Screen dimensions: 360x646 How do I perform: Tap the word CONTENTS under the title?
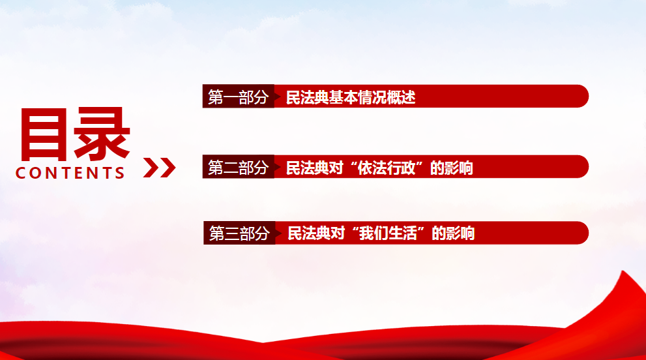(x=70, y=173)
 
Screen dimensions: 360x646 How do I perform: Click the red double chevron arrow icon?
(x=159, y=168)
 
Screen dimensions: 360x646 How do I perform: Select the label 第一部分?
(x=238, y=97)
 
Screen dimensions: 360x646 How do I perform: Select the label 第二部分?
(x=238, y=168)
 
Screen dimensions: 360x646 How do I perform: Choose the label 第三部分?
(x=239, y=233)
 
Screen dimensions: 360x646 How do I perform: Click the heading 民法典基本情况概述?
(x=351, y=97)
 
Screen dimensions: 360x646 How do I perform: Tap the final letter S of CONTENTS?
(x=119, y=173)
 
